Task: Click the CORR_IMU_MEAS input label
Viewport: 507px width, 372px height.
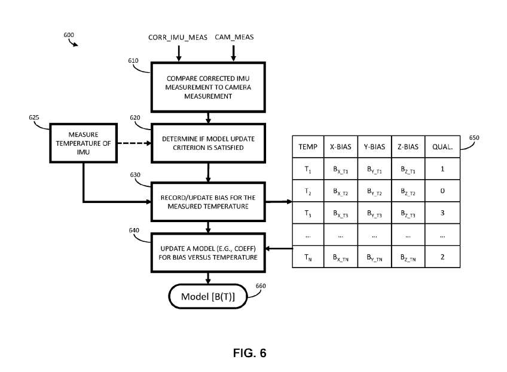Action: click(178, 38)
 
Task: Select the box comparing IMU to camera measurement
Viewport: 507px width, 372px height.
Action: click(209, 87)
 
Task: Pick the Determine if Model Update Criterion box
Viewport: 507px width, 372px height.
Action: click(209, 143)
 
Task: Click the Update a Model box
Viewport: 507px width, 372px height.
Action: click(209, 253)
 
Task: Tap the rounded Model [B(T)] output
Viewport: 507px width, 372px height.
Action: click(208, 296)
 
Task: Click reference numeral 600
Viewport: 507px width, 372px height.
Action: click(69, 35)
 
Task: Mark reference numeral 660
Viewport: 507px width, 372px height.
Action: click(260, 286)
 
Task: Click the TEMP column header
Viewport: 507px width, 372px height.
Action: click(308, 146)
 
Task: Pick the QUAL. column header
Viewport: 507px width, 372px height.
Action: click(442, 146)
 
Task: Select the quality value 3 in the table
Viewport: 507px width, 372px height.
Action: click(442, 213)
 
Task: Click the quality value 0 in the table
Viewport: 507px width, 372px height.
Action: click(442, 190)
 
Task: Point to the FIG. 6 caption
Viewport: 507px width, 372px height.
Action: click(249, 353)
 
